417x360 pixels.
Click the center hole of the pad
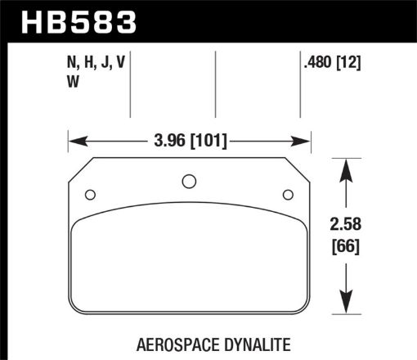coord(188,181)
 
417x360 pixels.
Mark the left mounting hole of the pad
coord(90,194)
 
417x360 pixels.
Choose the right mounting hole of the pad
coord(287,194)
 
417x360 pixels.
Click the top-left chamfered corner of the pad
coord(80,169)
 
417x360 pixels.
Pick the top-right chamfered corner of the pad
coord(297,169)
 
